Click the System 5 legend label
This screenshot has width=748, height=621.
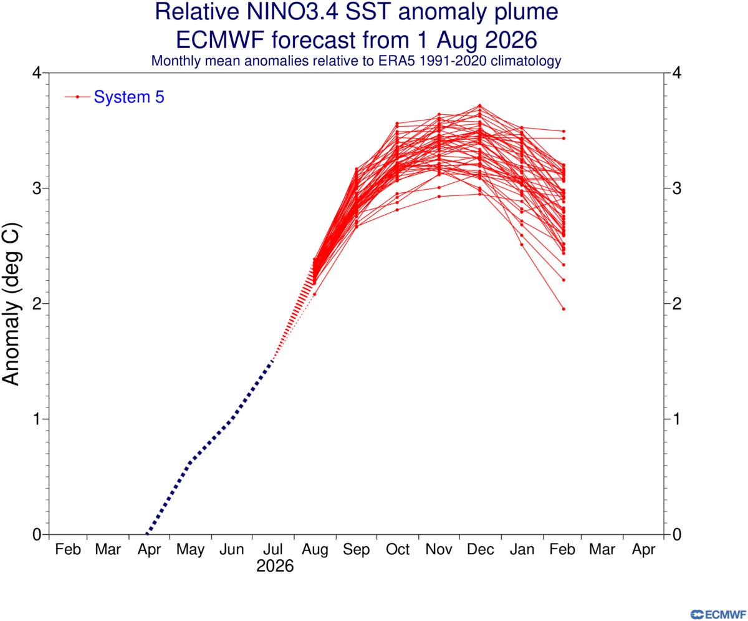(128, 97)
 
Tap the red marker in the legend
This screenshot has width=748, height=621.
(77, 97)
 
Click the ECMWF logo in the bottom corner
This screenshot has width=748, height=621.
(718, 614)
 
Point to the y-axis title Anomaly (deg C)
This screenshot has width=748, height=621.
(11, 304)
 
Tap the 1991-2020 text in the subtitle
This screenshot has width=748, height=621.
(453, 61)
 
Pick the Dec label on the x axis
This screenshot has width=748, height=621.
(480, 549)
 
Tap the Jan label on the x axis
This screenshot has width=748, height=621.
(522, 549)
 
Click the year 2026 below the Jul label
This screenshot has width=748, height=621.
(275, 566)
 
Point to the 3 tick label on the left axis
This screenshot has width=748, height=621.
(37, 188)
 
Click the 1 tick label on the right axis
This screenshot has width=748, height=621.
(677, 419)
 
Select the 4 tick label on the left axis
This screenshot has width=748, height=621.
(37, 73)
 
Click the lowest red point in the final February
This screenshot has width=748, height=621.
(563, 309)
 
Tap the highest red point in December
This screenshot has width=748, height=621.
(480, 105)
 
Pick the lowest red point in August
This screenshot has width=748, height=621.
(315, 294)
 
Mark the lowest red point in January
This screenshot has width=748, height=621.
(522, 245)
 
